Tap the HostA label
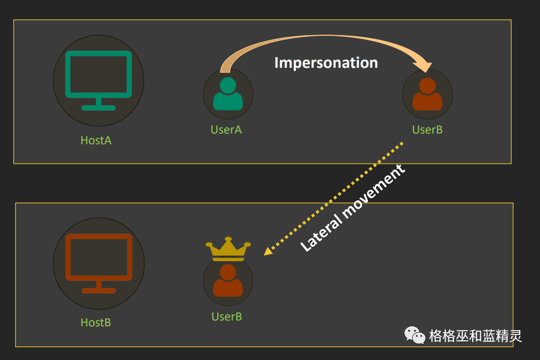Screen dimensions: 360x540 (x=96, y=140)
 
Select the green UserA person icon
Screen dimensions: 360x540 (x=228, y=94)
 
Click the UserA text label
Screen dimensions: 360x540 (x=226, y=129)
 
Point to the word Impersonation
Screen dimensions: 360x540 (x=326, y=62)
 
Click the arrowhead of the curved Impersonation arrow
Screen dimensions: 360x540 (x=426, y=67)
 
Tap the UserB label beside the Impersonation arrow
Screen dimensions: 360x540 (x=427, y=129)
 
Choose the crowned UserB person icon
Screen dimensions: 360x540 (x=228, y=280)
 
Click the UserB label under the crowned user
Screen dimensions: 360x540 (x=226, y=317)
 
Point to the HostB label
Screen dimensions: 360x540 (x=96, y=323)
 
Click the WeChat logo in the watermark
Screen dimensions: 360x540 (x=414, y=335)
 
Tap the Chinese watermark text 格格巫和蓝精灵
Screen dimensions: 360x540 (x=475, y=336)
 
